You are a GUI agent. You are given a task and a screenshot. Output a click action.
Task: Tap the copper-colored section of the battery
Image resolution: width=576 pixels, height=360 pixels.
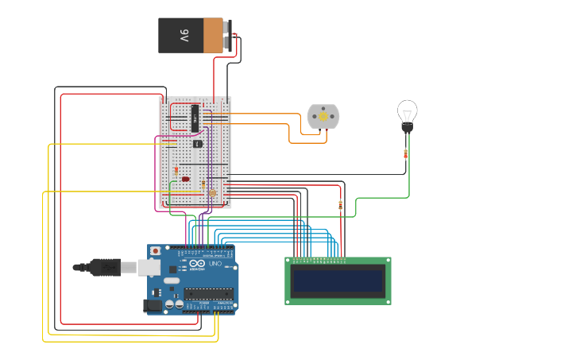[x=213, y=36]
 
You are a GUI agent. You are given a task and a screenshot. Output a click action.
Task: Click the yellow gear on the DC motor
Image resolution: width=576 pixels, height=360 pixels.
[x=323, y=117]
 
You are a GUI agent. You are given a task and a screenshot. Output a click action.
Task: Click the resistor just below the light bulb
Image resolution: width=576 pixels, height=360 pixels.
[x=406, y=153]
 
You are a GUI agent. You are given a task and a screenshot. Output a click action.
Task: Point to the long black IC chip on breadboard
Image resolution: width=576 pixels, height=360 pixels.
[x=194, y=118]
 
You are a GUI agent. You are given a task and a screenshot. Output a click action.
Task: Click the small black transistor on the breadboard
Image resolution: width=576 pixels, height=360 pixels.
[x=199, y=144]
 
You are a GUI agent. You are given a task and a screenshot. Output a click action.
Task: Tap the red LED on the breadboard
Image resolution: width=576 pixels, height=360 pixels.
[x=185, y=179]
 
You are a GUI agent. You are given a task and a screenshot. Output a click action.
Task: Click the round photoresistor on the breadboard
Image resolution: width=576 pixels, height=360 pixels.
[x=212, y=192]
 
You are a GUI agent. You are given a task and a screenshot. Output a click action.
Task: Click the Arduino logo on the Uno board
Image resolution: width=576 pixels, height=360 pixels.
[x=196, y=264]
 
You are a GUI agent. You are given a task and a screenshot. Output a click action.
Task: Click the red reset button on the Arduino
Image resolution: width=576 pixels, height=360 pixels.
[x=155, y=251]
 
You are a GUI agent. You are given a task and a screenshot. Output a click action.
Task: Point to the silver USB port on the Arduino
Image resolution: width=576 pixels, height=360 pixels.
[x=149, y=267]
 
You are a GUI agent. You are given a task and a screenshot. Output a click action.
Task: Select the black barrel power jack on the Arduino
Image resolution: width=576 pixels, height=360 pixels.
[x=153, y=304]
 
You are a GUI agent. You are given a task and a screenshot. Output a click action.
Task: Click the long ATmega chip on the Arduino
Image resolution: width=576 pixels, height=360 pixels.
[x=208, y=294]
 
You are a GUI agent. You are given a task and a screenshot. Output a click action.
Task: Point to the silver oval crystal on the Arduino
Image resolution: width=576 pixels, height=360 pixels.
[x=172, y=281]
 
